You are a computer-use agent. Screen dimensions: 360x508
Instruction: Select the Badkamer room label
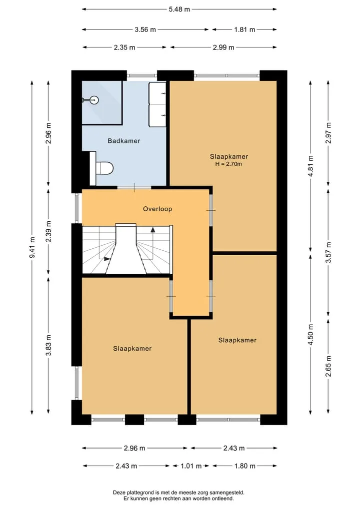pos(124,141)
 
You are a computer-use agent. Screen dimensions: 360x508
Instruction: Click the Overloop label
pos(157,209)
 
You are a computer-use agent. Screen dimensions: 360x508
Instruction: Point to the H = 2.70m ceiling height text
pos(228,164)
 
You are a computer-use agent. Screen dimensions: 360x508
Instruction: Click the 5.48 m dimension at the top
pos(179,9)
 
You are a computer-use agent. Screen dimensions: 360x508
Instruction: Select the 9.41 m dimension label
pos(32,248)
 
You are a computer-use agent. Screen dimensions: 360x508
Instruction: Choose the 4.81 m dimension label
pos(310,166)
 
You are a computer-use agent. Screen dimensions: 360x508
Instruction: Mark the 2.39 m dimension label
pos(48,231)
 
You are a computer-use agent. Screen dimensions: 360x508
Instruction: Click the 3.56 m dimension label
pos(145,29)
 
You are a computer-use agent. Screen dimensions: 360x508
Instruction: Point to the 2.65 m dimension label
pos(328,366)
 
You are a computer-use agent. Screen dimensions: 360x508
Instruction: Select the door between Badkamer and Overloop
pos(134,188)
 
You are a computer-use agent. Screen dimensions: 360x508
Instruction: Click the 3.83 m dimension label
pos(48,345)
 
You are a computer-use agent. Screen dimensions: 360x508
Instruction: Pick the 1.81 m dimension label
pos(244,29)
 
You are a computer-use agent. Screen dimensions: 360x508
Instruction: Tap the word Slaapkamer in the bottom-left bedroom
pos(132,349)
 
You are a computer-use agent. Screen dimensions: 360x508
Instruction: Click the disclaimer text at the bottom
pos(178,496)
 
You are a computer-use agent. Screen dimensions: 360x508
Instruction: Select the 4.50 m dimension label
pos(310,335)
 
